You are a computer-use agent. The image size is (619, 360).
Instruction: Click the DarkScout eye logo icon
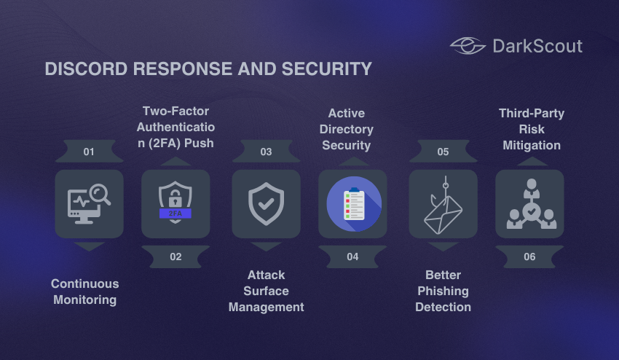pos(468,46)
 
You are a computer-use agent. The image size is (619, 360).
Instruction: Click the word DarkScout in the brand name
pos(537,46)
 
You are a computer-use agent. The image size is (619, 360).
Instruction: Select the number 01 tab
pos(89,152)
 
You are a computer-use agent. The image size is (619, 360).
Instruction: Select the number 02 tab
pos(176,257)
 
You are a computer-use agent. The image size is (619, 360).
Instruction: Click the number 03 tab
pos(266,152)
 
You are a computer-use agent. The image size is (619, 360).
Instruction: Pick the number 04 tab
pos(352,257)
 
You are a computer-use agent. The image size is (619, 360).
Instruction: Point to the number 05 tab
pos(443,152)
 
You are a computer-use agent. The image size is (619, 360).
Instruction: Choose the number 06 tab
pos(529,257)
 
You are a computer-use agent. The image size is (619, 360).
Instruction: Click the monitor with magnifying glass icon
pos(89,204)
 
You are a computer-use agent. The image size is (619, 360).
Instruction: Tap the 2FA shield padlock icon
pos(176,204)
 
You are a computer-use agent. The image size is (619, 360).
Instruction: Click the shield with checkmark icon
pos(266,204)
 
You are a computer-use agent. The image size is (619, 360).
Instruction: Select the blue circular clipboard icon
pos(352,204)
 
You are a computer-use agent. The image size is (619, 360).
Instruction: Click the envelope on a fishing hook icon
pos(443,204)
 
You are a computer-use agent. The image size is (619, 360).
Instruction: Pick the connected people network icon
pos(529,204)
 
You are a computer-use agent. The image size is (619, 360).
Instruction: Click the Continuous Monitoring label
pos(85,291)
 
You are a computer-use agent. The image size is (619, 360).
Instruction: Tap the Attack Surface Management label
pos(266,291)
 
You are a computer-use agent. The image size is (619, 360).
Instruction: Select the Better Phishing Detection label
pos(443,291)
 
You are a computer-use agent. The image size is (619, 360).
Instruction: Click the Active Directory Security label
pos(347,129)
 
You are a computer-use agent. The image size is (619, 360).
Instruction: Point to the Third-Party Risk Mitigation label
pos(532,129)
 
